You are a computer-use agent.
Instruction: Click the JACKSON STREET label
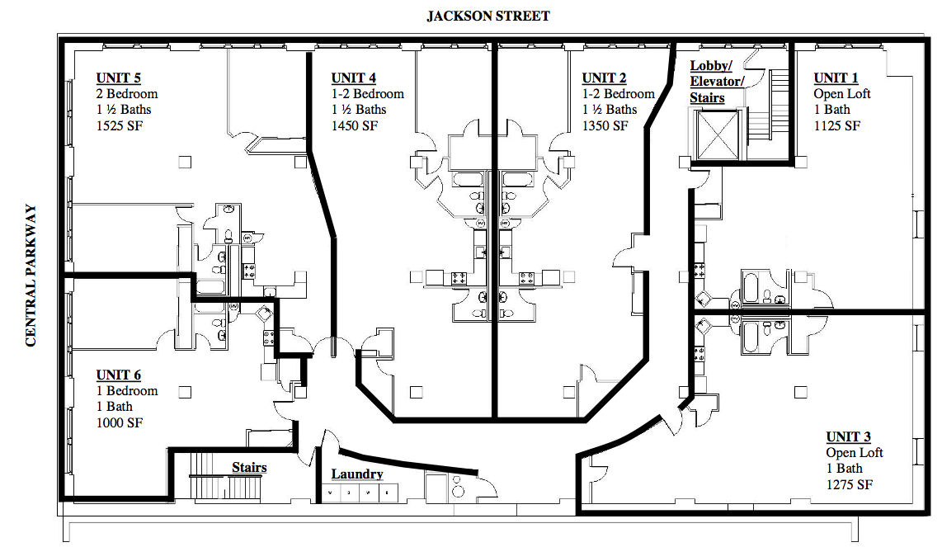click(487, 16)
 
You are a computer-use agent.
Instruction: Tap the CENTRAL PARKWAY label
click(31, 276)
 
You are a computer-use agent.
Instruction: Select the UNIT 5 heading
click(118, 78)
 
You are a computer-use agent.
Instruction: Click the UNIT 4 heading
click(354, 78)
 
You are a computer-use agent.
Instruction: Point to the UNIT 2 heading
click(604, 78)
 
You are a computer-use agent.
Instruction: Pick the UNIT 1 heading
click(836, 78)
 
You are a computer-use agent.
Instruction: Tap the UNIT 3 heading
click(848, 437)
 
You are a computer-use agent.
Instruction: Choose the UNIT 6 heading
click(118, 375)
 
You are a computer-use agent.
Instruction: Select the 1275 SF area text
click(849, 484)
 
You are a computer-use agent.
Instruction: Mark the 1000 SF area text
click(120, 422)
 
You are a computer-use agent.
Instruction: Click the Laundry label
click(357, 474)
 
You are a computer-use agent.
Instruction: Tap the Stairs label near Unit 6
click(249, 468)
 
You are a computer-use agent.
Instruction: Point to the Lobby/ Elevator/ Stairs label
click(717, 82)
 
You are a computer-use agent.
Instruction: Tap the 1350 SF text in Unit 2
click(605, 125)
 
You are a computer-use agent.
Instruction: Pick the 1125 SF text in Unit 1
click(837, 125)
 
